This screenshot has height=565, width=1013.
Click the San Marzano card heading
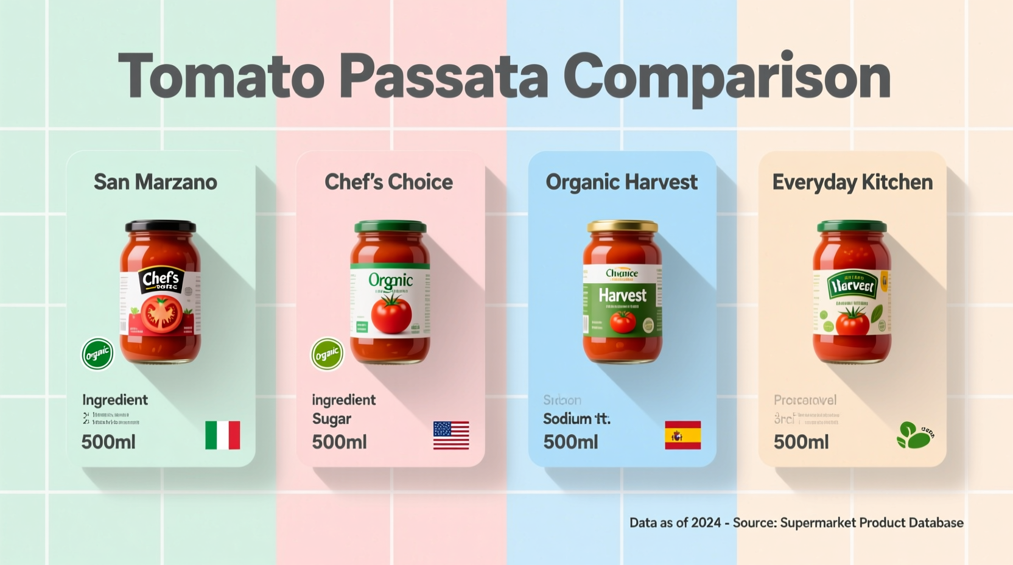pos(155,182)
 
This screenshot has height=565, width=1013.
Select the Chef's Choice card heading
pos(388,182)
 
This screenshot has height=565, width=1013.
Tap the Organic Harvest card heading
pos(622,182)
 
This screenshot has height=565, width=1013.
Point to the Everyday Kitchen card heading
pos(852,182)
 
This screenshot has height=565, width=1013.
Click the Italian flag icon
pos(222,435)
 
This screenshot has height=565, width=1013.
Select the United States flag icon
pos(451,435)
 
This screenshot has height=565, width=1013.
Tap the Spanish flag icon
pos(682,435)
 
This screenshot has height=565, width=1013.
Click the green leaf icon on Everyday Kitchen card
pos(914,435)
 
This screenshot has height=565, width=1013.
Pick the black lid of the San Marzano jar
pos(161,226)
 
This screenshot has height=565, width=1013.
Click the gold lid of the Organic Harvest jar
pos(622,226)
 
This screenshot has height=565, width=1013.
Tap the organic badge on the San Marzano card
pos(97,354)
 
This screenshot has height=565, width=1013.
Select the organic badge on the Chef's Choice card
pos(328,354)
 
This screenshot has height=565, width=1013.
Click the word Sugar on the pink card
pos(332,419)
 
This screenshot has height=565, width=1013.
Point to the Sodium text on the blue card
pos(567,419)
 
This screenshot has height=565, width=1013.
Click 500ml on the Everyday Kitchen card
pos(801,442)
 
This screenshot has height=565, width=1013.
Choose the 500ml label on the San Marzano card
pos(108,442)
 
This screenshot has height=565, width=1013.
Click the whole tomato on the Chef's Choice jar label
pos(391,314)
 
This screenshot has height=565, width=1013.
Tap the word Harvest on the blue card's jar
pos(622,296)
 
